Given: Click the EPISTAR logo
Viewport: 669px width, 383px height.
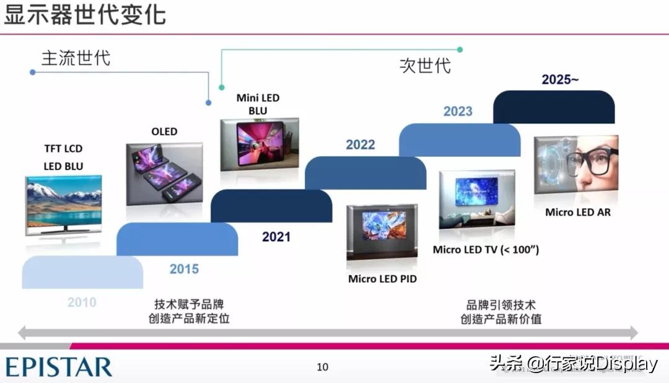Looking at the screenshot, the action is pos(59,367).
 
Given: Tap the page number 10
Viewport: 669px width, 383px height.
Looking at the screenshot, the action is pos(323,367).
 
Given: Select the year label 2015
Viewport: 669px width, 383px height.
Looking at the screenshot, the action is pos(185,269).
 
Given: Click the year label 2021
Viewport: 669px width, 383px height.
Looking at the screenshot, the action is pos(276,237).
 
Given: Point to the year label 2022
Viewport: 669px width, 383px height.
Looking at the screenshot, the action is pos(361,145).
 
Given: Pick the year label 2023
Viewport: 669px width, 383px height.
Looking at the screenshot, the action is pos(458,112).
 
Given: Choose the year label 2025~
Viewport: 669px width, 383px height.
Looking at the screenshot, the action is pos(560,79).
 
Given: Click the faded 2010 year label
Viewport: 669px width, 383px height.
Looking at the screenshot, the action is pos(82,302).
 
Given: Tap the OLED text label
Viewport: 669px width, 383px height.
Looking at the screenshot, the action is pos(164,131).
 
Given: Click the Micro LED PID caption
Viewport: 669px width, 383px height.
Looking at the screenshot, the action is pos(382,279).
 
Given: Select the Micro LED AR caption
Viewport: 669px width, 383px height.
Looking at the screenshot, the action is pos(578,212).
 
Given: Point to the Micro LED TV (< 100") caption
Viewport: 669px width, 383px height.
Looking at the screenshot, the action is pos(486,249).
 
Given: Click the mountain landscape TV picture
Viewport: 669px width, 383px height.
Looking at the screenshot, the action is pos(64,205).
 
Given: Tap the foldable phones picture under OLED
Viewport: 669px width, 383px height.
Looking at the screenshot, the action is pos(165,174).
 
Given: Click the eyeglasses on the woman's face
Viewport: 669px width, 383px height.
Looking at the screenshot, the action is pos(592,162).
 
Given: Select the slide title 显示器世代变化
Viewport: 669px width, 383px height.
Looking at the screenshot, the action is pos(84,14).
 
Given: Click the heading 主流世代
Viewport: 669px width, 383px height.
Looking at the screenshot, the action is pos(76,58).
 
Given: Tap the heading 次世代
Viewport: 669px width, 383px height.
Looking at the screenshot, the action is pos(425,66).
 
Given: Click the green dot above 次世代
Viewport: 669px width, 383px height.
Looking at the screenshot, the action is pos(460,50).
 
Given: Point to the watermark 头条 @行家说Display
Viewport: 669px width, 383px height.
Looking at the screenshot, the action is pos(574,363).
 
